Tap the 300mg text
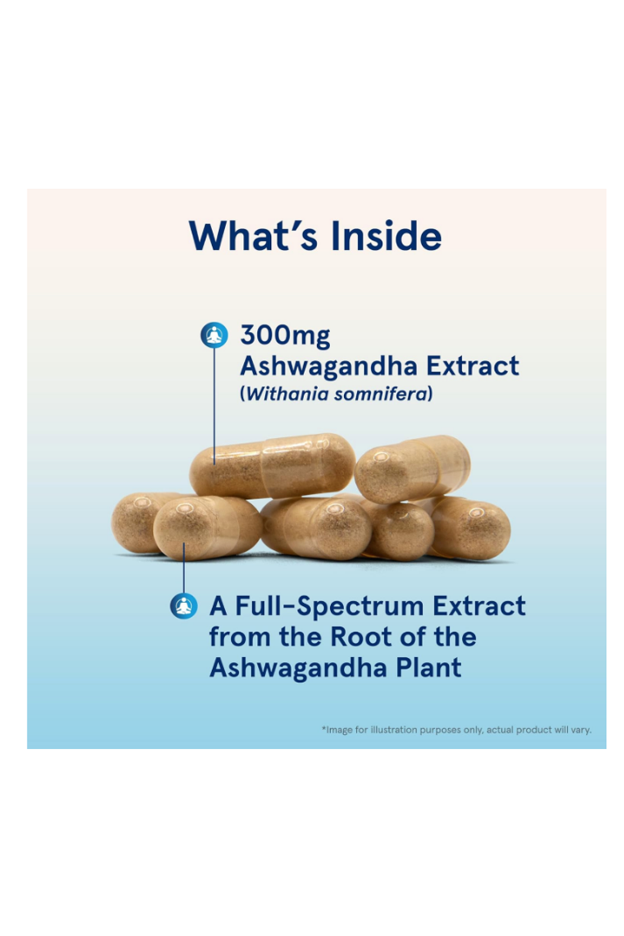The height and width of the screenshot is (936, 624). point(285,336)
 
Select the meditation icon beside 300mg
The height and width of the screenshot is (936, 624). point(214,335)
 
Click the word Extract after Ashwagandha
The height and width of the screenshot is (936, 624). point(473,366)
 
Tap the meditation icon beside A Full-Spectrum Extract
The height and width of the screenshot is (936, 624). point(184,606)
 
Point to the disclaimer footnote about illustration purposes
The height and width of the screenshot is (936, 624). point(457,730)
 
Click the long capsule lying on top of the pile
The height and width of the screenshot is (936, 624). point(272,465)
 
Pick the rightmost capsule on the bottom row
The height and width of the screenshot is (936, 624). point(471,528)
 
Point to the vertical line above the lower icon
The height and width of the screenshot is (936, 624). point(184,568)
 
